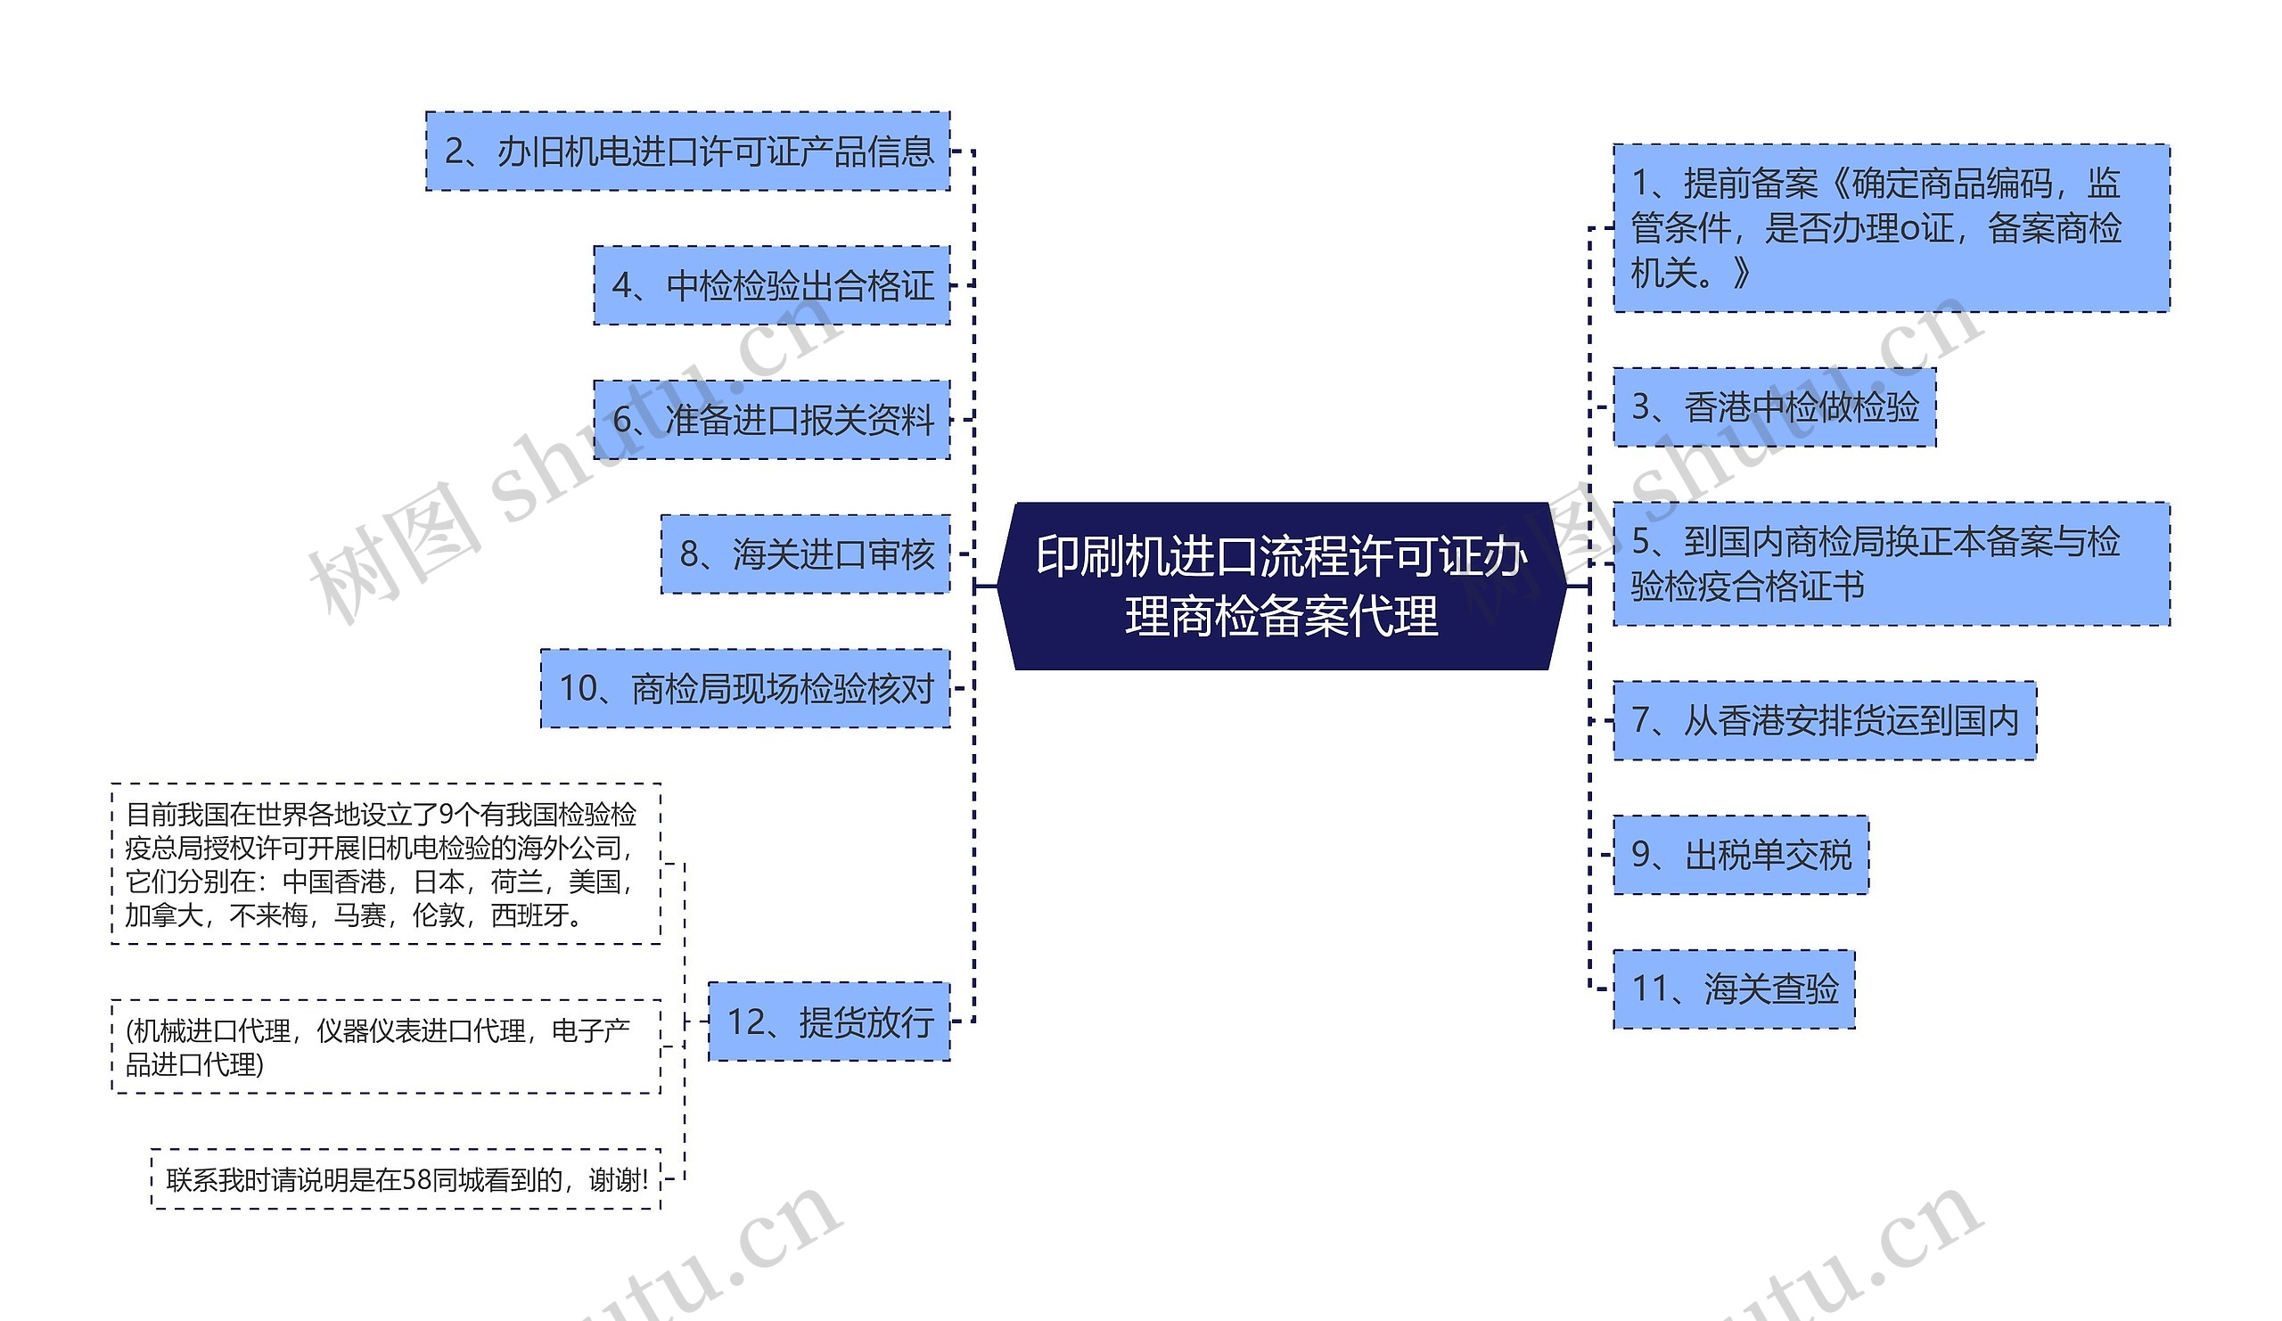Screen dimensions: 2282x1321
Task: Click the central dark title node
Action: (x=1280, y=586)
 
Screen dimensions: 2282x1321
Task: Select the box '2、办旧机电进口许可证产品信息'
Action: (x=687, y=152)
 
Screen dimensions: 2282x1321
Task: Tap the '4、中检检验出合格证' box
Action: (x=772, y=285)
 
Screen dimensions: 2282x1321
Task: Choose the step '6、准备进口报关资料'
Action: (x=772, y=419)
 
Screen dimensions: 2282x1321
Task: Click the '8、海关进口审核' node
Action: (x=805, y=554)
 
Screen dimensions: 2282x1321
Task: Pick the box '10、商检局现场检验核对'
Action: (x=745, y=688)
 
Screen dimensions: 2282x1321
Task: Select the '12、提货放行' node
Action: (x=829, y=1022)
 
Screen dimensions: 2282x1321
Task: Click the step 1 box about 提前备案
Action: (x=1891, y=227)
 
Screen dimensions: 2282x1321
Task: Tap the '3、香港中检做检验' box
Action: (x=1774, y=406)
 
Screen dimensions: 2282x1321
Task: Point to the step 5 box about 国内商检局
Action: (x=1891, y=563)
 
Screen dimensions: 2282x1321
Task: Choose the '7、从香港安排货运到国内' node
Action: (x=1824, y=721)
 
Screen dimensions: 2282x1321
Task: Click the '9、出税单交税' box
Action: (x=1741, y=855)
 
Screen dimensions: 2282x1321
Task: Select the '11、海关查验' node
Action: (x=1733, y=989)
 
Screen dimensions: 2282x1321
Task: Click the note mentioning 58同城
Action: (x=406, y=1179)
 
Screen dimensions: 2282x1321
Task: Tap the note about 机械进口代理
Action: (x=386, y=1046)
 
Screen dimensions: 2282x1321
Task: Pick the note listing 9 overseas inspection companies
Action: (x=386, y=864)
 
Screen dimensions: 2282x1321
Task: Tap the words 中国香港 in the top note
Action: (x=334, y=882)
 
